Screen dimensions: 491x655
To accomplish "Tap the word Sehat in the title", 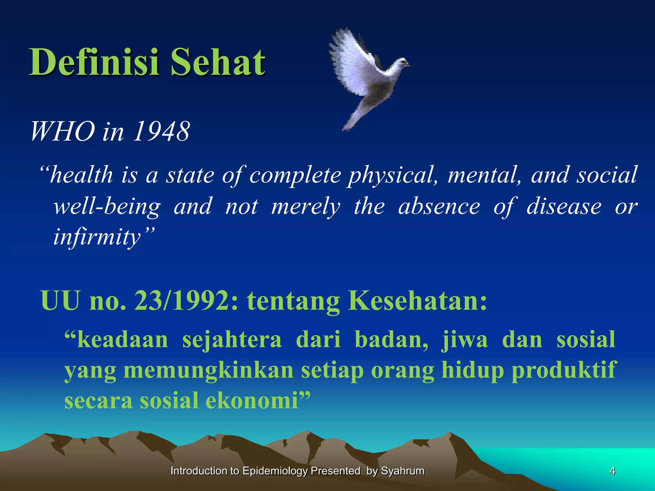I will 217,62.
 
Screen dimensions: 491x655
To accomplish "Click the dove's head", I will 401,63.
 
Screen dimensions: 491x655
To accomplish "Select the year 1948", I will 162,132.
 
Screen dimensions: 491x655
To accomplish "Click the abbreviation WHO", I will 63,132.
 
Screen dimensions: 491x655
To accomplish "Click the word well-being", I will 107,207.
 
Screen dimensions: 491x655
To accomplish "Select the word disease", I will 564,207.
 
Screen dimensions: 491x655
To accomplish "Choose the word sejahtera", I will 232,340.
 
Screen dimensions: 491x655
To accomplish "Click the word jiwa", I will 464,340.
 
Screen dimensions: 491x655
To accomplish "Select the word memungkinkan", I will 208,370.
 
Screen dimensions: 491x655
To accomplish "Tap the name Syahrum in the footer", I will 403,471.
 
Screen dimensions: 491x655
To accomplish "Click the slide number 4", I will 612,471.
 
